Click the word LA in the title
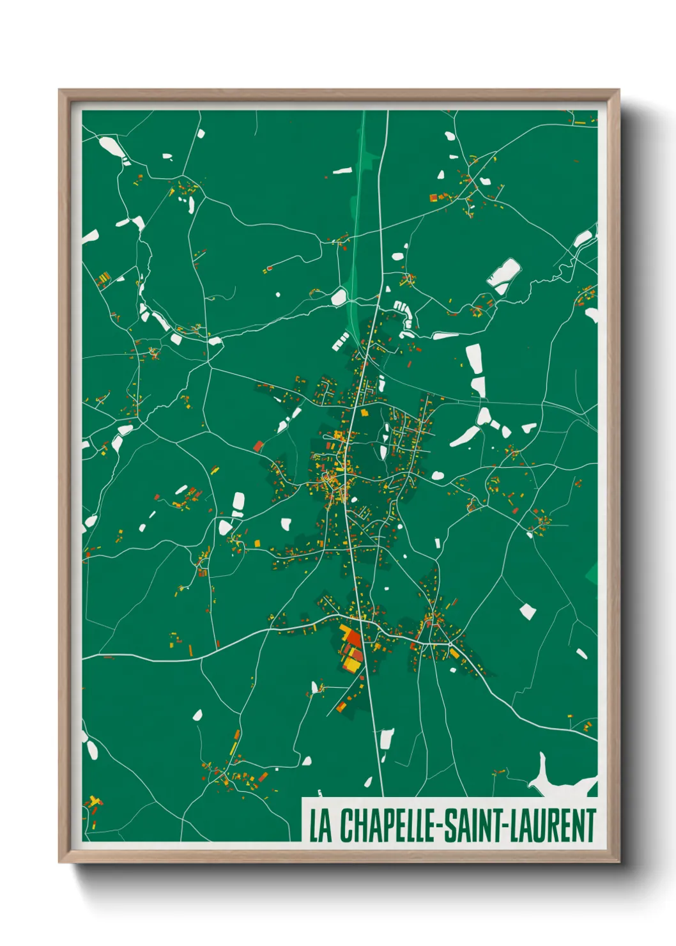coord(321,825)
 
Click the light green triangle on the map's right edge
coord(592,573)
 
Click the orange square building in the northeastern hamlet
coord(433,198)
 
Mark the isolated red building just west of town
coord(258,446)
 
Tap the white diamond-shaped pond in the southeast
coord(527,611)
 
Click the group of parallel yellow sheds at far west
coord(102,279)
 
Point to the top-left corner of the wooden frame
coord(59,90)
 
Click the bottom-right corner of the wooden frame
coord(618,862)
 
